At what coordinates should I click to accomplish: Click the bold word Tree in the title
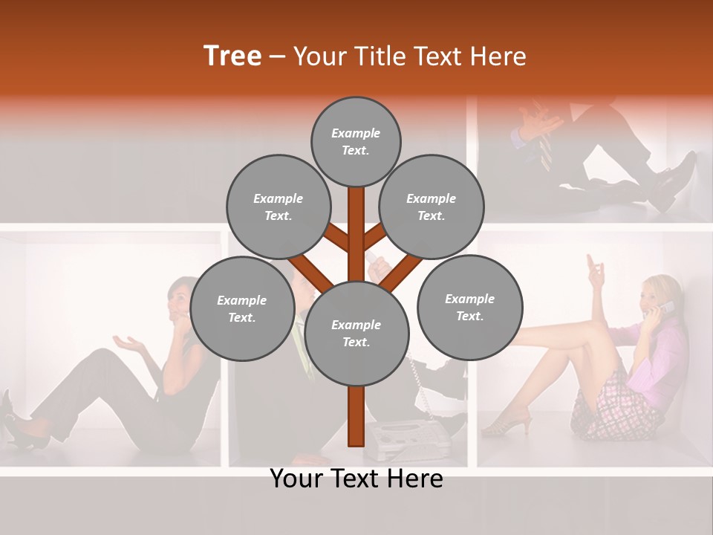(x=232, y=56)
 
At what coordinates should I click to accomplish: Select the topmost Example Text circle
(x=356, y=141)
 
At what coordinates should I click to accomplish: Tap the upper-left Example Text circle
(x=278, y=207)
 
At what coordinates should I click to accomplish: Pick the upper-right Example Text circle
(x=432, y=207)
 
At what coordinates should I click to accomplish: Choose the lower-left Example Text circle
(x=242, y=308)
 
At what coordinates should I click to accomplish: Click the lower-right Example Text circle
(x=469, y=307)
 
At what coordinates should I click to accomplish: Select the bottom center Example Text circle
(x=356, y=334)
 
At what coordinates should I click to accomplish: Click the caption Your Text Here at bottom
(x=356, y=479)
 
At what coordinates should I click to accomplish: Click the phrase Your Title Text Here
(x=410, y=56)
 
